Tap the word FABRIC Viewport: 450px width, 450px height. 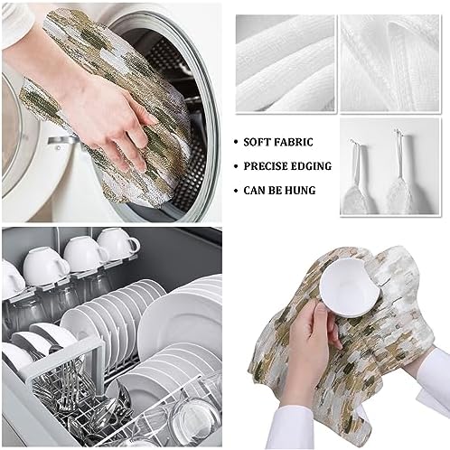click(x=305, y=143)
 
